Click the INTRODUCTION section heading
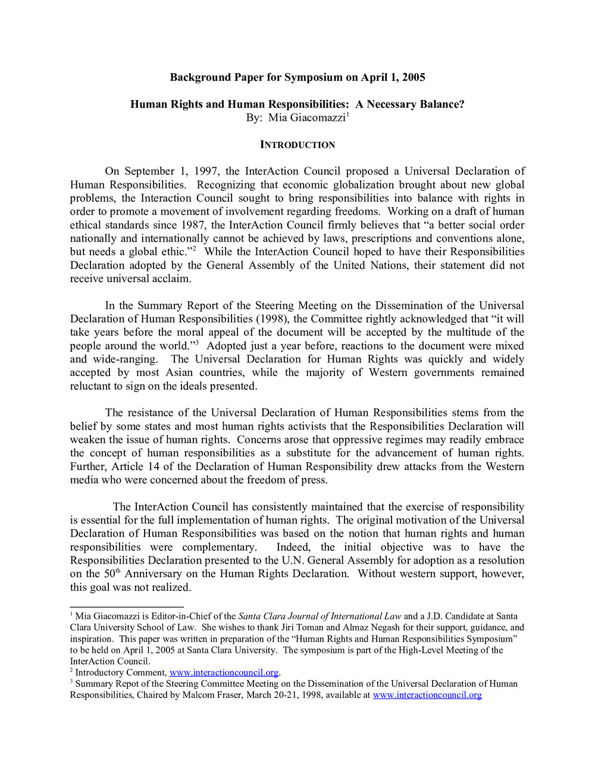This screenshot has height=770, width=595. (297, 145)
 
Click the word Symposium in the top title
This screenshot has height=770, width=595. (314, 77)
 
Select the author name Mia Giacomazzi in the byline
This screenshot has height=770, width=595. (306, 118)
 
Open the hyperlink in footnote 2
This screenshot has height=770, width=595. (224, 672)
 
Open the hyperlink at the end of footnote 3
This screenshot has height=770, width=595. (427, 695)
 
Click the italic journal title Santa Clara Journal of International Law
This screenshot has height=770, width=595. (320, 616)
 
